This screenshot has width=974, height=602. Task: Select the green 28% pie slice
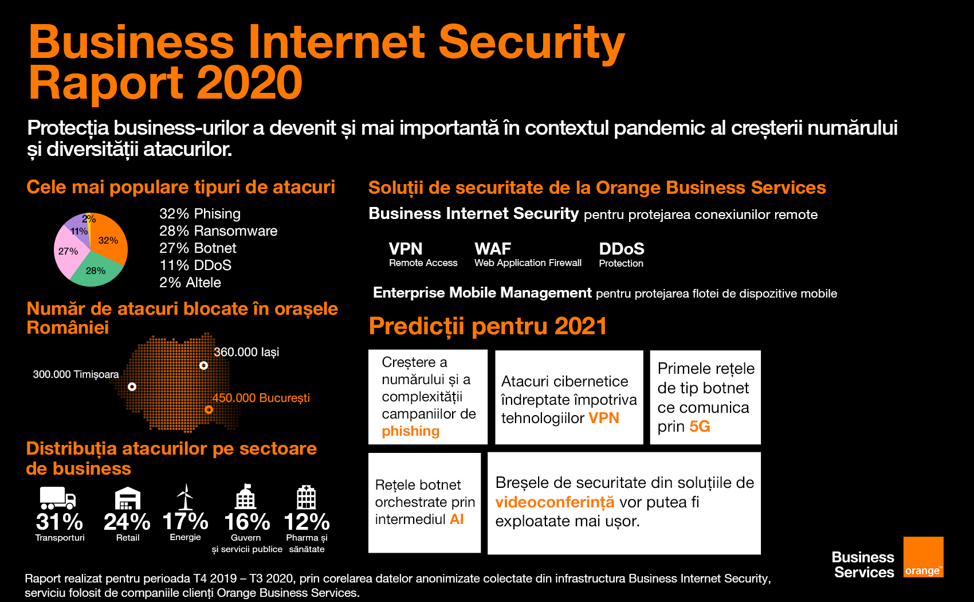pyautogui.click(x=96, y=272)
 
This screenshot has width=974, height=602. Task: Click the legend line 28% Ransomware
pyautogui.click(x=218, y=230)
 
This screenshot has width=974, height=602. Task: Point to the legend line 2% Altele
pyautogui.click(x=190, y=282)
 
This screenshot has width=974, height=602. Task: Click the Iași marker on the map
pyautogui.click(x=203, y=365)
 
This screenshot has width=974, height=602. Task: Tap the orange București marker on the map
pyautogui.click(x=209, y=409)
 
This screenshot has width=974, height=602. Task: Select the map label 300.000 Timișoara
pyautogui.click(x=76, y=374)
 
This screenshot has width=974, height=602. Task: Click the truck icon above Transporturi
pyautogui.click(x=58, y=498)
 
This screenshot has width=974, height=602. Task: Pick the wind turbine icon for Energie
pyautogui.click(x=185, y=497)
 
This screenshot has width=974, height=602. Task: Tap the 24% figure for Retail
pyautogui.click(x=127, y=522)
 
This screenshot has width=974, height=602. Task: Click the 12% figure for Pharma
pyautogui.click(x=307, y=522)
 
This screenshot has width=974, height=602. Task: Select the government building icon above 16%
pyautogui.click(x=246, y=497)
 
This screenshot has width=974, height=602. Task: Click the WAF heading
pyautogui.click(x=493, y=249)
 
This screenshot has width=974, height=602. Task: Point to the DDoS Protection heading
pyautogui.click(x=622, y=254)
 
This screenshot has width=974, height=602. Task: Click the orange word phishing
pyautogui.click(x=410, y=431)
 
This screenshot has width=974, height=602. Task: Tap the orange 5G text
pyautogui.click(x=700, y=426)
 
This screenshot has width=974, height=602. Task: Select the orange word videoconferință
pyautogui.click(x=555, y=502)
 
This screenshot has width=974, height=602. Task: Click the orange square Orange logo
pyautogui.click(x=924, y=557)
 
